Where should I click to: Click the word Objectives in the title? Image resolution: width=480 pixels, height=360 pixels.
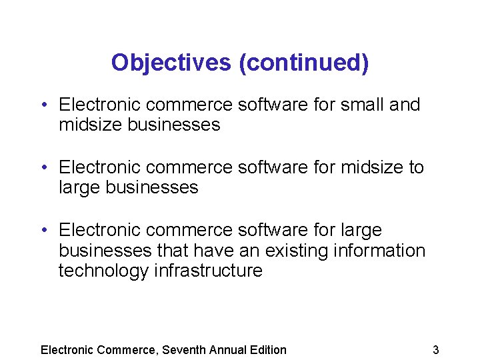171,63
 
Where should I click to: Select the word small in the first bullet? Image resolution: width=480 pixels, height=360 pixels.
360,105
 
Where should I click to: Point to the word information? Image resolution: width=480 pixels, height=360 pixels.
385,251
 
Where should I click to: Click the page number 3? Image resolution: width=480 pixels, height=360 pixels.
435,349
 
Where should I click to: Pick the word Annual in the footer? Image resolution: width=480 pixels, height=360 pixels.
229,349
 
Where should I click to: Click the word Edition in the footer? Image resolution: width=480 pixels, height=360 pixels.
269,349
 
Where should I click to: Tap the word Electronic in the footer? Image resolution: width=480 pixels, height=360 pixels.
67,349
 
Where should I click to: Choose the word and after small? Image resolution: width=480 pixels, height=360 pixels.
404,105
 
